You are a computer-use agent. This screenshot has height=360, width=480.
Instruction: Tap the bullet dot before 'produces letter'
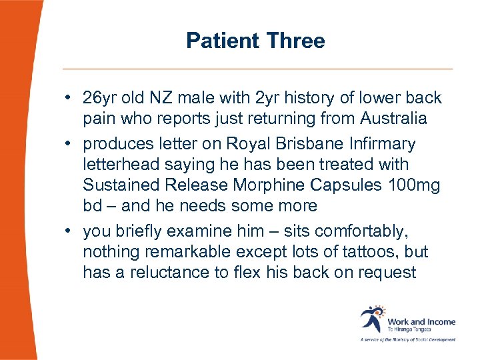pos(69,144)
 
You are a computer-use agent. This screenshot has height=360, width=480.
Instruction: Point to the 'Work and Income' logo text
pos(421,321)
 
